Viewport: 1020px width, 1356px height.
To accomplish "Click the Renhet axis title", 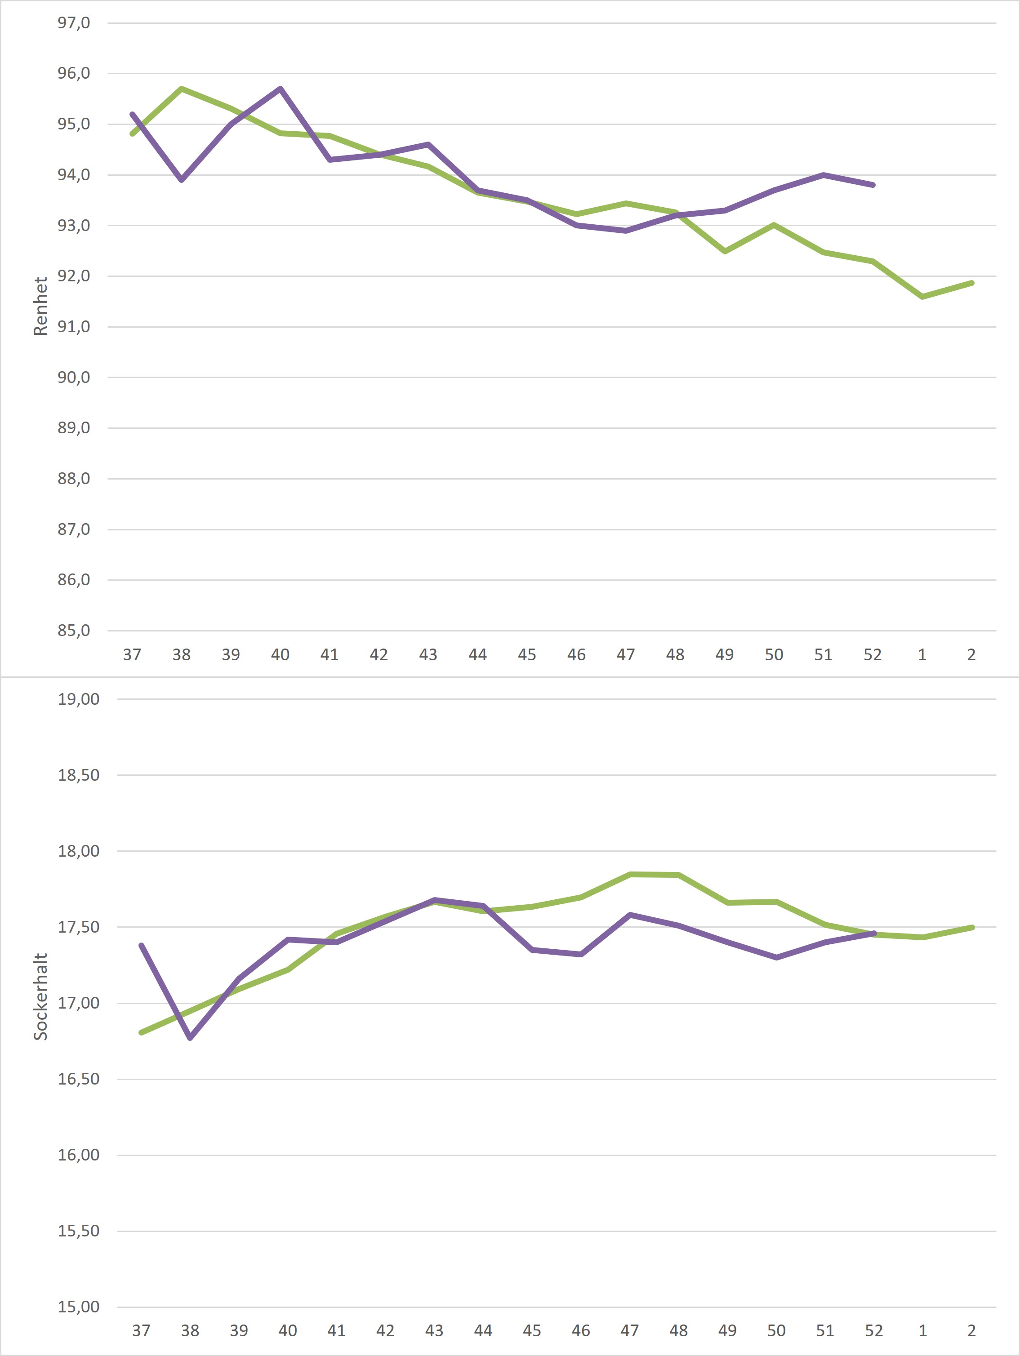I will pos(40,307).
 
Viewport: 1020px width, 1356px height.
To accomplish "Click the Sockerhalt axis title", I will pos(40,996).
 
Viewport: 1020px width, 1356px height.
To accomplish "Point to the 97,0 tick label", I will pos(74,22).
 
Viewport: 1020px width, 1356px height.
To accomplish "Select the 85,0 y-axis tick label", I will pos(74,630).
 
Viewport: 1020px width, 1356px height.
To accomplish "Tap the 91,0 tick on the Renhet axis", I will pos(74,326).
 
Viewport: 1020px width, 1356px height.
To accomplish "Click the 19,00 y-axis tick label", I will pos(79,699).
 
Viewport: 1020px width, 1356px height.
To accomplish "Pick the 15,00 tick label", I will pos(79,1307).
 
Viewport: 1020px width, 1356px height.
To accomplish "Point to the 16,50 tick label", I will pos(79,1079).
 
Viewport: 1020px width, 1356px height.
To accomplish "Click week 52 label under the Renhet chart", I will pos(872,655).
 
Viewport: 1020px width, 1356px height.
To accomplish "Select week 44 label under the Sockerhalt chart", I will pos(483,1330).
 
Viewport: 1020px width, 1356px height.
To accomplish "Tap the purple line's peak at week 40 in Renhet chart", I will pos(280,89).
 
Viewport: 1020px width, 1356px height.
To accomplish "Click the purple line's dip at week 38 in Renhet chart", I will pos(182,180).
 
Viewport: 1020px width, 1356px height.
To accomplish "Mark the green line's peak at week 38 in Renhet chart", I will pos(182,89).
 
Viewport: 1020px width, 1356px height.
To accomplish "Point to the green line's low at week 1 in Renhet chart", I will pos(922,297).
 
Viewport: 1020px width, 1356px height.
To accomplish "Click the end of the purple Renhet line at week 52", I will pos(873,185).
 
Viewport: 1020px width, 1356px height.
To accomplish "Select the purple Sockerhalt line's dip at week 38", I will pos(190,1038).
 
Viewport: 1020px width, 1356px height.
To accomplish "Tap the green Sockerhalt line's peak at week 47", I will pos(630,874).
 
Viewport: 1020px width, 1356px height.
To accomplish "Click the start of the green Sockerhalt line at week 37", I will pos(142,1032).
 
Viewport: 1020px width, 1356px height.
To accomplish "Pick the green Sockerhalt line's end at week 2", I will pos(972,928).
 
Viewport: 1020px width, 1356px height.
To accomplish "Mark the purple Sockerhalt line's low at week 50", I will pos(777,957).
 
